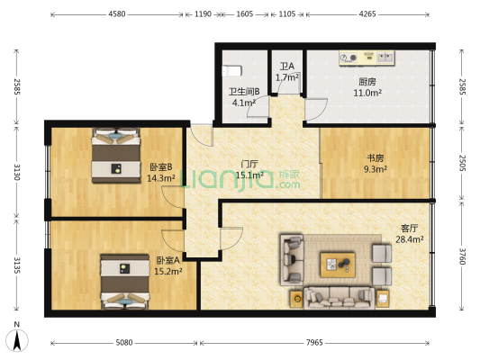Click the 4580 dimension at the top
click(117, 14)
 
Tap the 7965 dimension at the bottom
click(314, 343)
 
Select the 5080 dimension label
click(124, 343)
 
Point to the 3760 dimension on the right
click(462, 256)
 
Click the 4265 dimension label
click(367, 14)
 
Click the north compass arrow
click(17, 341)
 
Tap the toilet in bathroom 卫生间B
click(231, 71)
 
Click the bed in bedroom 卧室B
click(116, 156)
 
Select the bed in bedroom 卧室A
click(125, 282)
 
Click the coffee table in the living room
click(338, 265)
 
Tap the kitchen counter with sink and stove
click(367, 58)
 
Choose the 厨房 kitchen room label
click(367, 82)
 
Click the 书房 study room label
click(376, 158)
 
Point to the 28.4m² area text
click(410, 239)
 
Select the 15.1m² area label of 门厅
click(250, 175)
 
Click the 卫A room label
click(287, 66)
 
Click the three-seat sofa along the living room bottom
click(339, 298)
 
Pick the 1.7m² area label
click(287, 77)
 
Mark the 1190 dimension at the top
click(203, 14)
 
